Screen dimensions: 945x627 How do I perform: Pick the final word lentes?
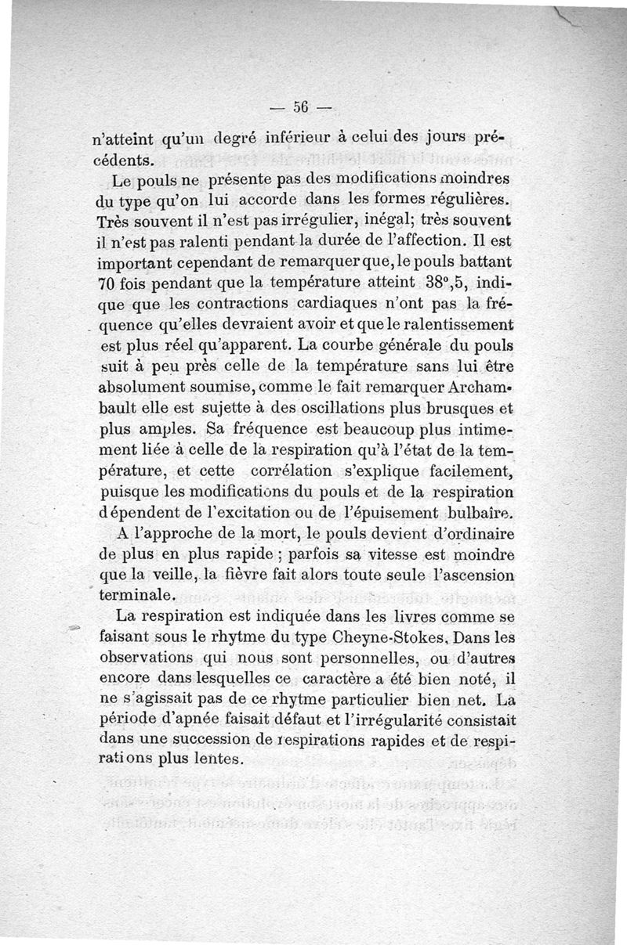tap(217, 759)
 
